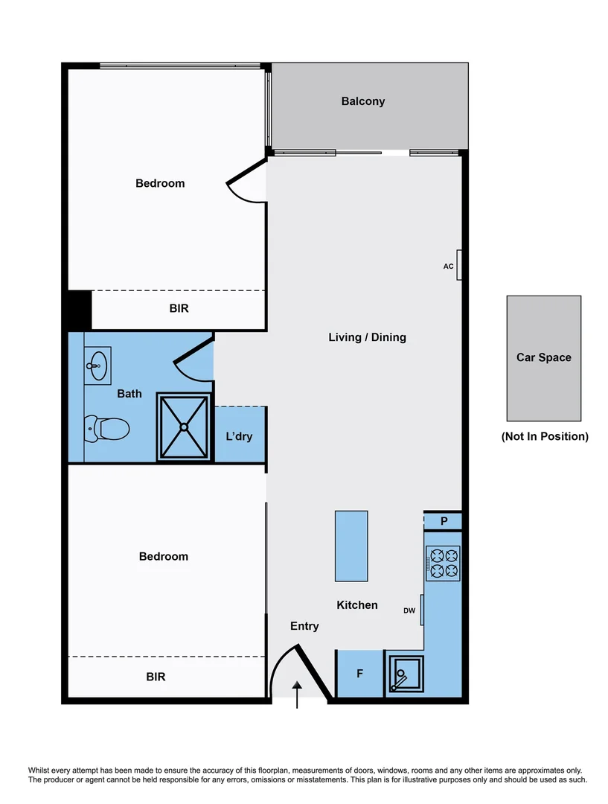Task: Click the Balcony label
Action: tap(363, 101)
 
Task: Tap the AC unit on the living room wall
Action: tap(459, 265)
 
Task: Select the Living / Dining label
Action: tap(367, 337)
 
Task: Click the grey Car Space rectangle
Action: tap(544, 358)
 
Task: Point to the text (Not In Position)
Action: tap(545, 436)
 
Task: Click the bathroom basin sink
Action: tap(96, 364)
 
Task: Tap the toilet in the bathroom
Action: tap(107, 429)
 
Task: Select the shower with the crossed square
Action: tap(183, 427)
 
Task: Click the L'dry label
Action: tap(239, 436)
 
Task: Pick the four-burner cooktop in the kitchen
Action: tap(444, 563)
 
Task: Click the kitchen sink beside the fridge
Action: tap(405, 676)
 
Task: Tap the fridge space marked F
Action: tap(359, 674)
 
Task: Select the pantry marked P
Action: tap(444, 521)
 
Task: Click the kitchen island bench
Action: tap(351, 546)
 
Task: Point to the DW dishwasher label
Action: tap(409, 610)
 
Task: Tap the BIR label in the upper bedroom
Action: tap(179, 308)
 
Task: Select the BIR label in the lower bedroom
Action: tap(156, 677)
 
